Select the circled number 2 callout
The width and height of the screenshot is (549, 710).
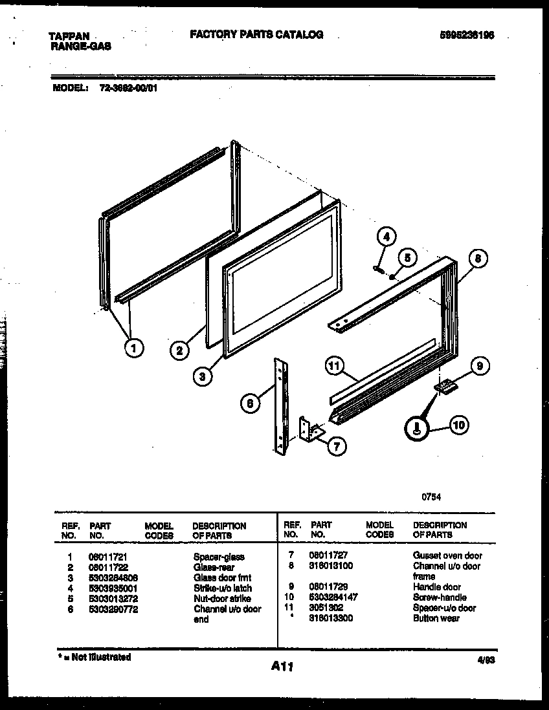point(179,351)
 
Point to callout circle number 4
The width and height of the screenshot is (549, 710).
point(386,237)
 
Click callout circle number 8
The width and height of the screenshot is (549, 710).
point(476,259)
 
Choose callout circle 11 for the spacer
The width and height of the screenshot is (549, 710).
point(334,367)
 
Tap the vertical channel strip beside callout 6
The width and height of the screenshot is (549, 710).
point(280,405)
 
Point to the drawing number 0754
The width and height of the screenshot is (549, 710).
point(431,497)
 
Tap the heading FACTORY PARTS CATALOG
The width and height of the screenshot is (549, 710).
point(256,35)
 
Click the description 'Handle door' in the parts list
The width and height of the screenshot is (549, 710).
point(437,587)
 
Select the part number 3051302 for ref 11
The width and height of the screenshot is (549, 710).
point(327,608)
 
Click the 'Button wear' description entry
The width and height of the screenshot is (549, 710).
point(436,618)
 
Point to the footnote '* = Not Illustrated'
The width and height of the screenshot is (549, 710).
point(94,657)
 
